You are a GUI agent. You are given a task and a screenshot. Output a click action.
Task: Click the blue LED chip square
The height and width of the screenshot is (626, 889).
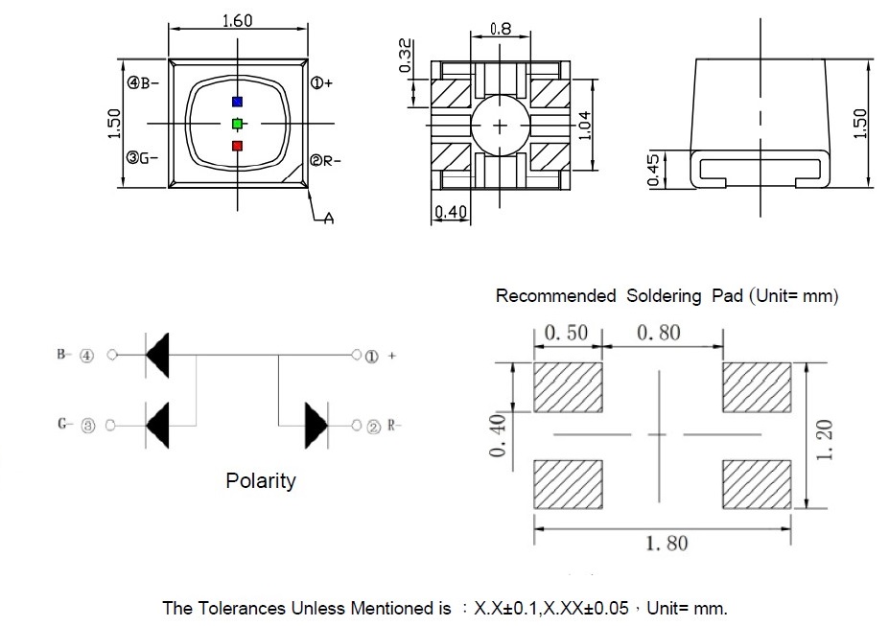point(237,102)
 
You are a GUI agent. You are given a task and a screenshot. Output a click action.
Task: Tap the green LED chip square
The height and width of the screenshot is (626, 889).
point(237,124)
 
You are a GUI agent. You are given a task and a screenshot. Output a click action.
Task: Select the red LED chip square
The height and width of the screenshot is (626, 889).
point(237,146)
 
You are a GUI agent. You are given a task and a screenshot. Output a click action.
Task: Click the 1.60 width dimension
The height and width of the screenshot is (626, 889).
point(237,21)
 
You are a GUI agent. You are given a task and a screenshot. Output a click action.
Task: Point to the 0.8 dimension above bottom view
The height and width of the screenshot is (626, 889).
point(500,29)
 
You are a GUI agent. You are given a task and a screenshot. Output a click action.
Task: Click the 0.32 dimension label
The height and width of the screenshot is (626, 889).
point(405,56)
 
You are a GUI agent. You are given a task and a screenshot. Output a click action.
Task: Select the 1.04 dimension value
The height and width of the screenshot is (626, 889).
point(585,126)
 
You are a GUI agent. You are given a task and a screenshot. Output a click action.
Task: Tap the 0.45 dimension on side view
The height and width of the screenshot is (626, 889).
point(653,170)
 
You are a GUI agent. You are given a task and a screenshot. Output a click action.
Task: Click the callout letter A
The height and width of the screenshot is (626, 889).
point(329,219)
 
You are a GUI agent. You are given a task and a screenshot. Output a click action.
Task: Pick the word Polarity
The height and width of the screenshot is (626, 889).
point(261,481)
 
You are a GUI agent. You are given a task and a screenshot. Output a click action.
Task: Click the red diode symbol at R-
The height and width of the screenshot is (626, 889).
point(316,426)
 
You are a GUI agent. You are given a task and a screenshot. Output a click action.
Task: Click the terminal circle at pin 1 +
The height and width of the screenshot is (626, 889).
point(356,355)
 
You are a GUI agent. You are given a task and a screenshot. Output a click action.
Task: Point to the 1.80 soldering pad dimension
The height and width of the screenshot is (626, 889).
point(667,544)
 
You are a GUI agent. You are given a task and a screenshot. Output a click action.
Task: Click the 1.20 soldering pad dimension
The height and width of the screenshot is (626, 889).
point(825,440)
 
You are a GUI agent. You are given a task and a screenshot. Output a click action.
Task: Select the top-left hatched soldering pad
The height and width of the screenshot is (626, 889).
point(568,387)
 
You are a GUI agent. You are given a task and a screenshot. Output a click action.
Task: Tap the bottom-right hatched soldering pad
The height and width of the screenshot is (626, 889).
point(757,484)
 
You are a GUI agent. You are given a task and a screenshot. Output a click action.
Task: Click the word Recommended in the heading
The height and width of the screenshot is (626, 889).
point(555,295)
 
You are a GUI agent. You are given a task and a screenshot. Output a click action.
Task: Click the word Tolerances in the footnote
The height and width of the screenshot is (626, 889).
point(242,609)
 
